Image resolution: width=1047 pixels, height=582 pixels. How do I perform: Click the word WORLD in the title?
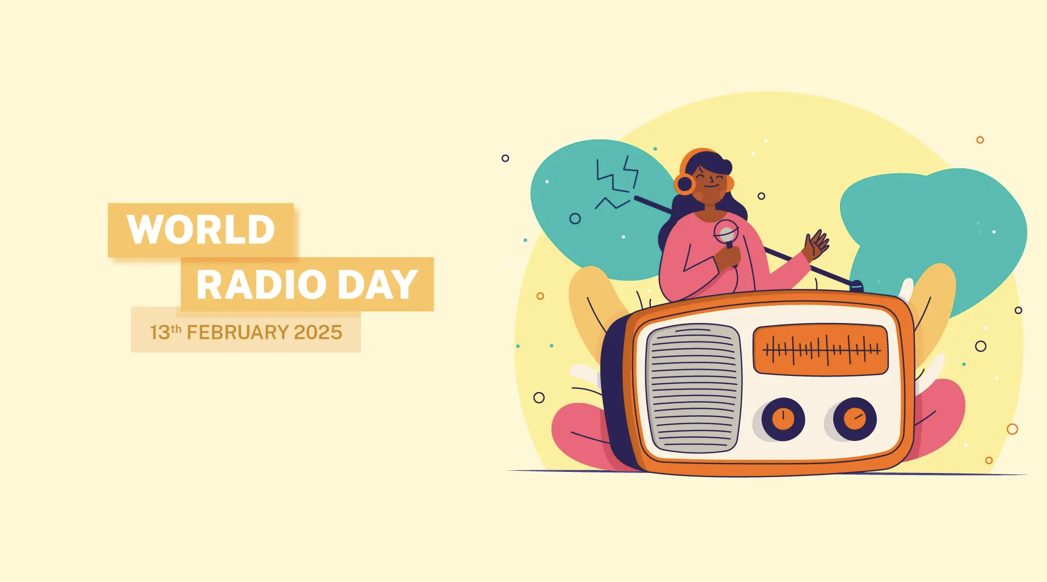click(x=201, y=230)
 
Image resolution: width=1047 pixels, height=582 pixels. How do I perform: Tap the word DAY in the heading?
click(x=378, y=285)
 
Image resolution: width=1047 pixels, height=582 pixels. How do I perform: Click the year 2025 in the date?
click(x=318, y=332)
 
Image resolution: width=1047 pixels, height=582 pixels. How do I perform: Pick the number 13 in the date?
click(x=160, y=332)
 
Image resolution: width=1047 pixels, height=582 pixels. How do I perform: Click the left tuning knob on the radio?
click(x=783, y=419)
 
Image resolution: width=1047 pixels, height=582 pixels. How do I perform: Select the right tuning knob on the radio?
click(x=855, y=419)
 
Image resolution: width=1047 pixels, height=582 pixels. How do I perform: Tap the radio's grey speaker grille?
click(x=693, y=388)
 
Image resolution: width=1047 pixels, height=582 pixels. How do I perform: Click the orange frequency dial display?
click(x=821, y=350)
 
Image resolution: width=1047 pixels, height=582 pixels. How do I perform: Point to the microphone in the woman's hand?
click(x=727, y=235)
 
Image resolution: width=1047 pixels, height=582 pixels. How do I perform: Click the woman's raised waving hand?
click(x=817, y=244)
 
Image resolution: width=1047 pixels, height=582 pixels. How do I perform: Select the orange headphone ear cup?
click(x=684, y=184)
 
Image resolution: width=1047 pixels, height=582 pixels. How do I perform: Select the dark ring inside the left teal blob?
click(x=575, y=219)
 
